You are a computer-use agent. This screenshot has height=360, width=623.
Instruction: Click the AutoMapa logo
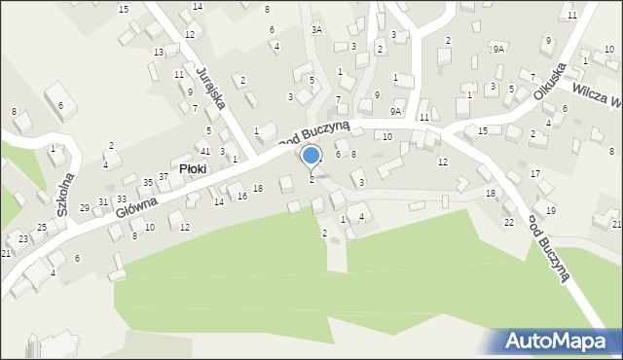(x=559, y=342)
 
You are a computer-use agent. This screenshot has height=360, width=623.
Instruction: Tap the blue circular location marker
(x=311, y=156)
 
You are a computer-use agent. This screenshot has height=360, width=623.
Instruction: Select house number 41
(x=204, y=152)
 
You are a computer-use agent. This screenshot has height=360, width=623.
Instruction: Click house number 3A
(x=316, y=30)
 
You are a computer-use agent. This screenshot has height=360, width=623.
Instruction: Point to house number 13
(x=158, y=52)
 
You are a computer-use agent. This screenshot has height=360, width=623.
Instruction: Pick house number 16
(x=242, y=197)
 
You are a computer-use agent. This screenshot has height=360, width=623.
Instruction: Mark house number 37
(x=164, y=176)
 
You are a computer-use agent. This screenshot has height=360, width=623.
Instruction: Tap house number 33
(x=122, y=198)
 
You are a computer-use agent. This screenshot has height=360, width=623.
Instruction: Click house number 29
(x=85, y=208)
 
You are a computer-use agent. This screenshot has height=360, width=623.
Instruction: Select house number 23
(x=22, y=238)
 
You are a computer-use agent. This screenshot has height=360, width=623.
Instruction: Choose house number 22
(x=508, y=223)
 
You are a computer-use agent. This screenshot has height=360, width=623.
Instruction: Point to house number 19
(x=551, y=211)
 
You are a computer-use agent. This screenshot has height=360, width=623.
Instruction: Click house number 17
(x=535, y=173)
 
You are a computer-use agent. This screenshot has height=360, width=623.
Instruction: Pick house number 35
(x=148, y=182)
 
